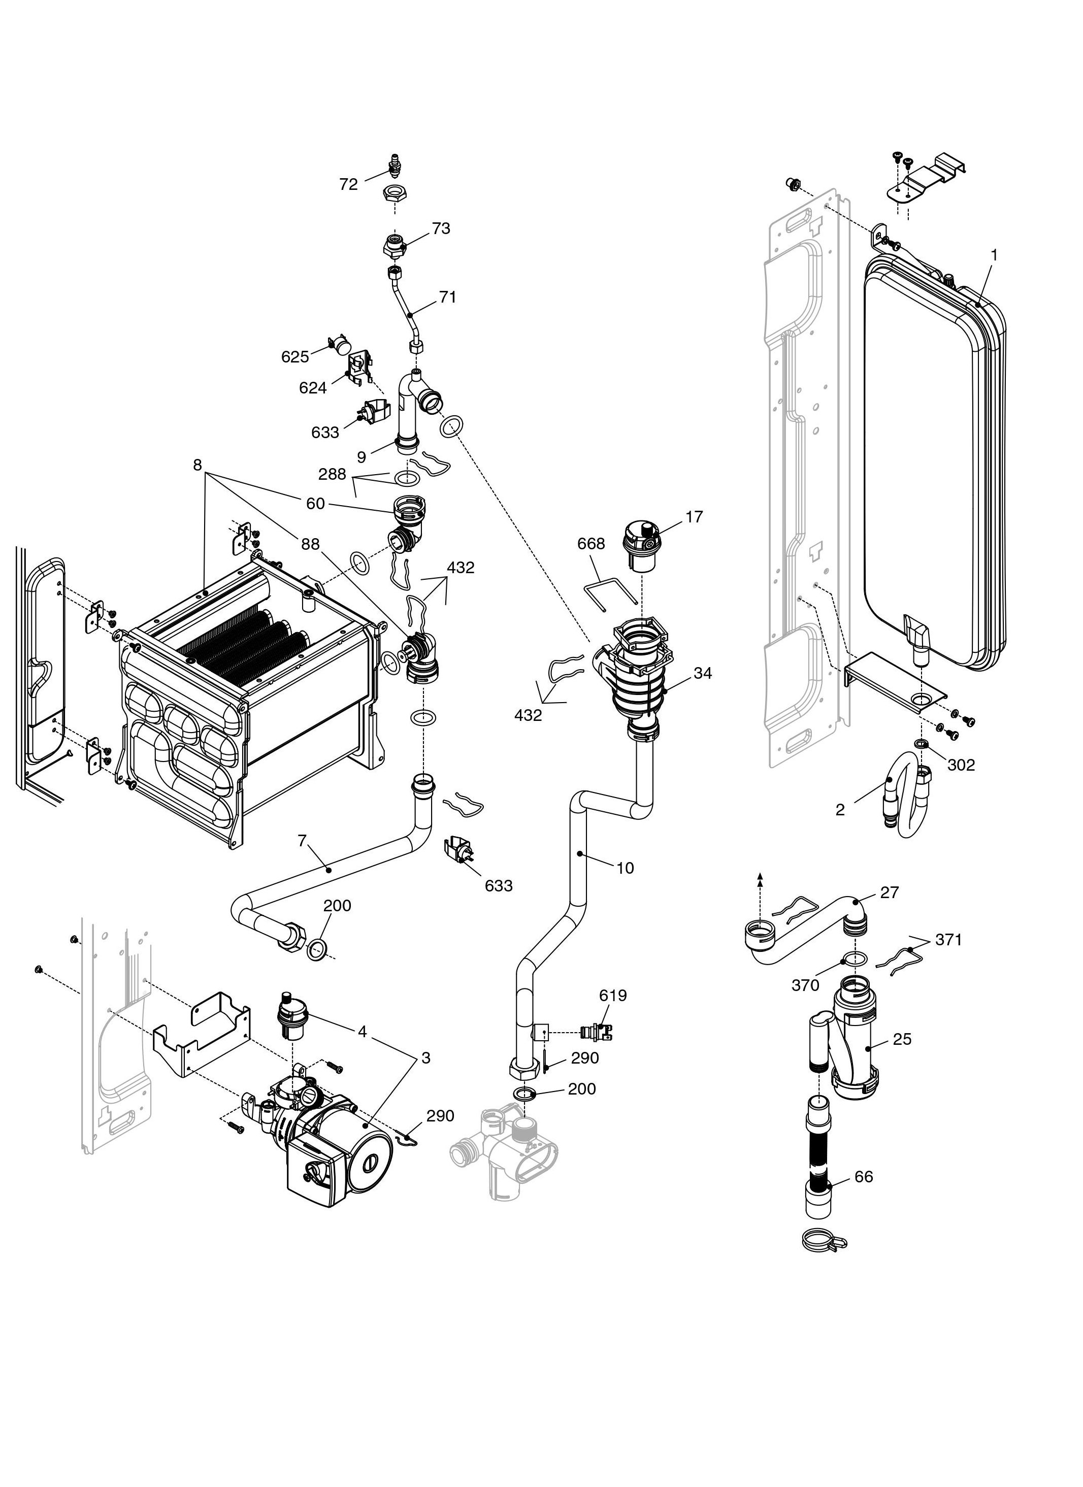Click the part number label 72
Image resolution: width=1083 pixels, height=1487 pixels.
pyautogui.click(x=348, y=184)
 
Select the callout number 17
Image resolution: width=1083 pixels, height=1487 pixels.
pyautogui.click(x=694, y=517)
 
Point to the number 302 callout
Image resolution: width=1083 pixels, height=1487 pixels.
pyautogui.click(x=961, y=765)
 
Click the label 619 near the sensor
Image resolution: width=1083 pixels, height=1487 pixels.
pyautogui.click(x=613, y=995)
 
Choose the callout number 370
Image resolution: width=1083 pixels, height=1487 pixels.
pyautogui.click(x=805, y=985)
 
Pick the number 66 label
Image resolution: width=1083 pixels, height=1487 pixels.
pyautogui.click(x=863, y=1176)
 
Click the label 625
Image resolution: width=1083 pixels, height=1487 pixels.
pyautogui.click(x=295, y=357)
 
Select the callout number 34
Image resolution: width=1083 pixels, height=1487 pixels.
pyautogui.click(x=703, y=673)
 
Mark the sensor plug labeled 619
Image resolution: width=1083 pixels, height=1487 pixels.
pyautogui.click(x=597, y=1032)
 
